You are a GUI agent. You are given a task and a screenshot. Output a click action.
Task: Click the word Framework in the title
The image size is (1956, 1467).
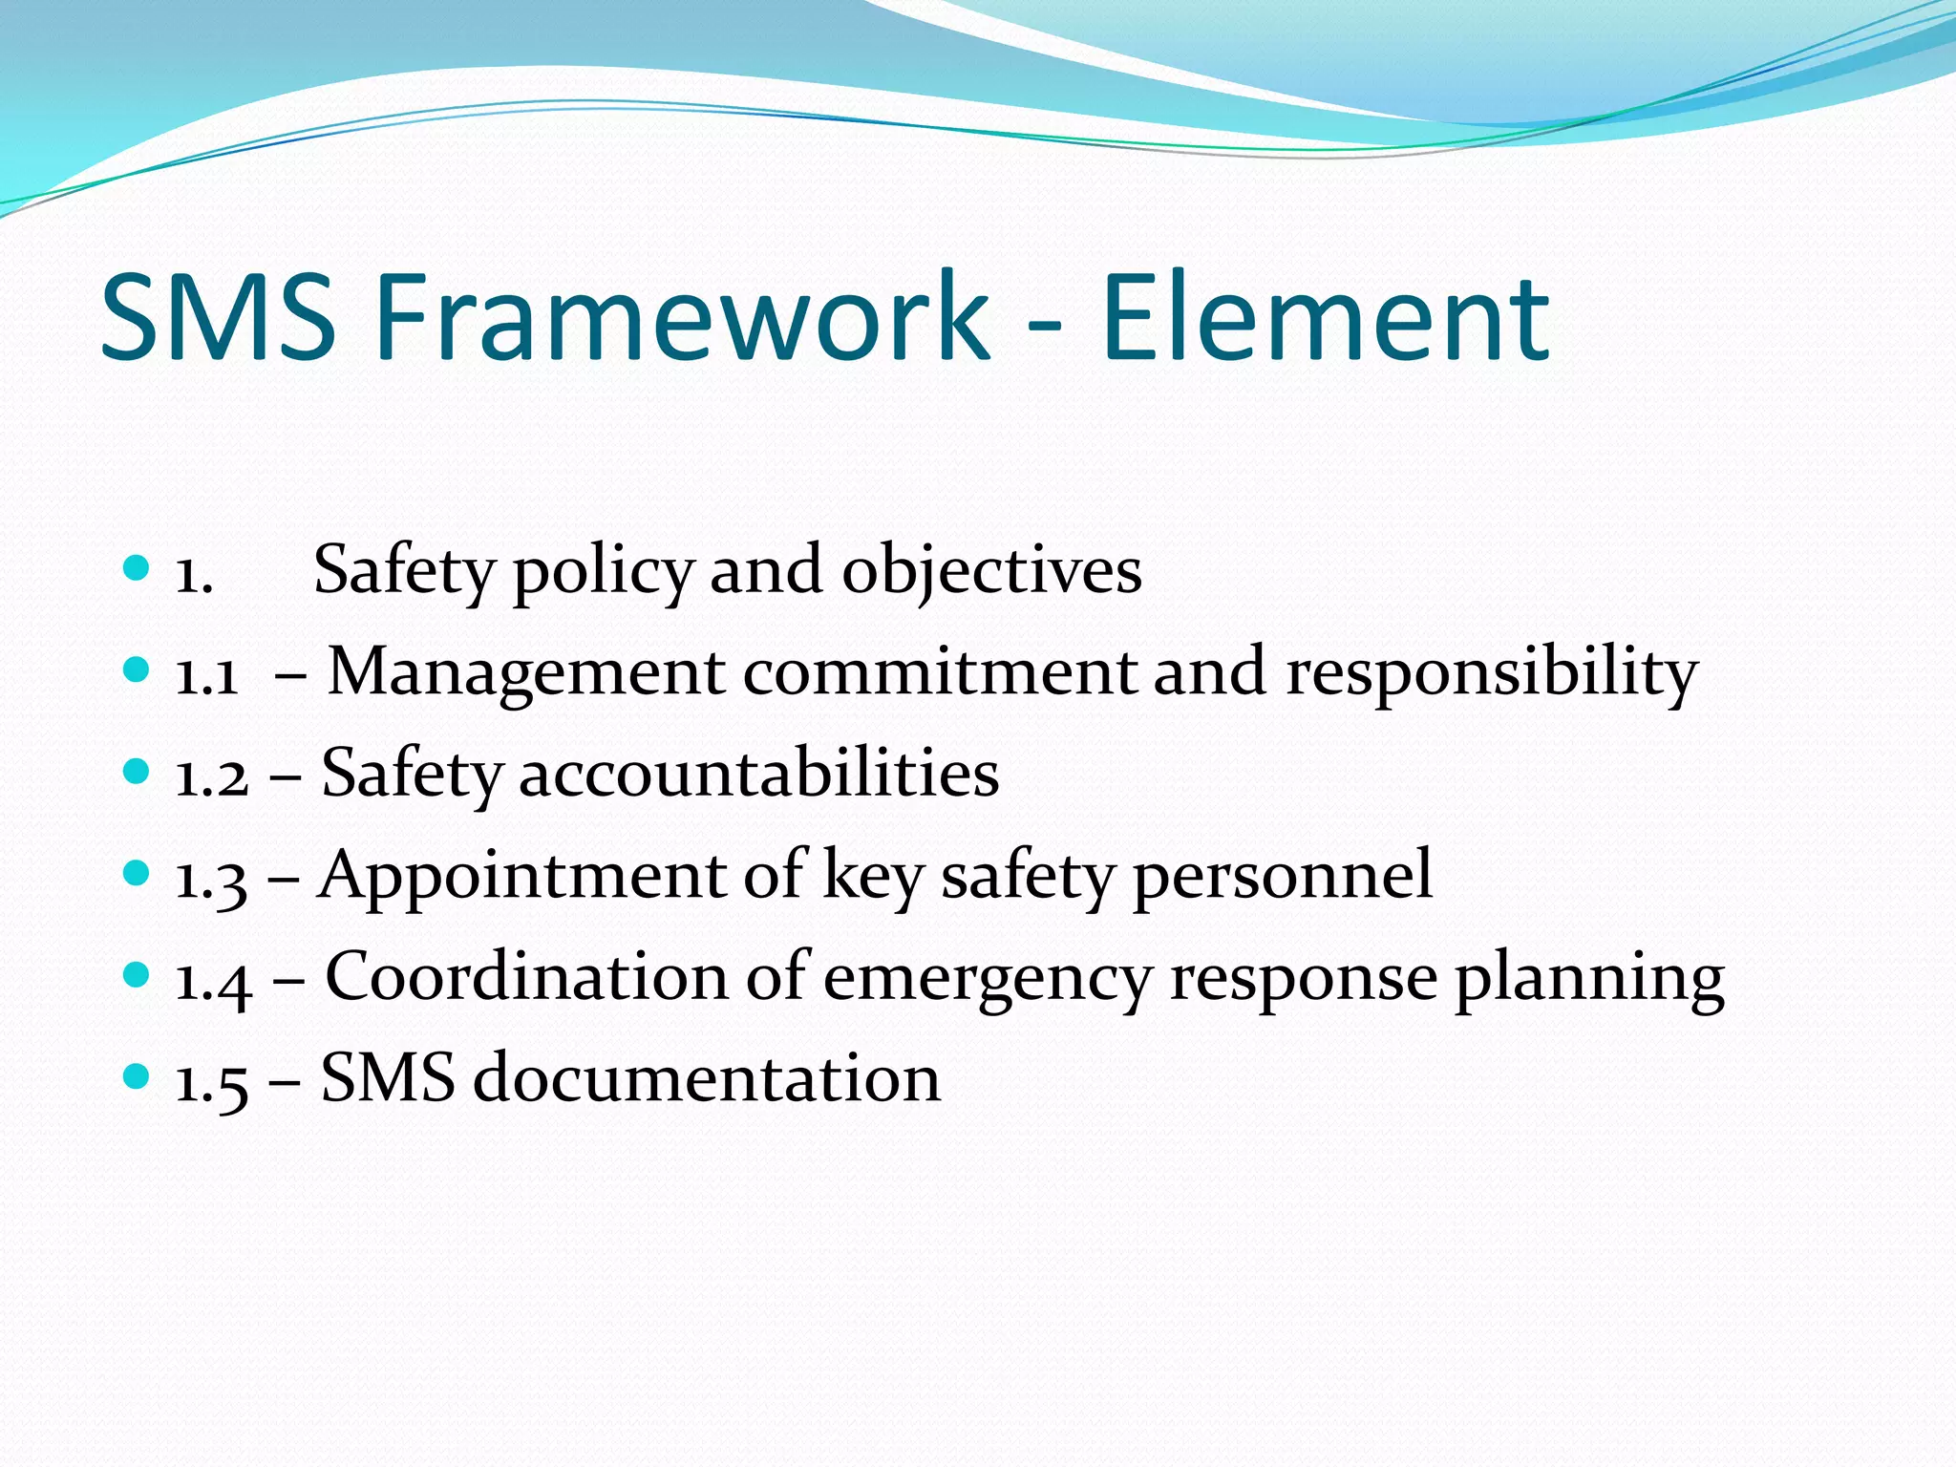(x=682, y=317)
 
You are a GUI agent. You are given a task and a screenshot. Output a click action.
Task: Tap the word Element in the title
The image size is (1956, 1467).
(x=1325, y=317)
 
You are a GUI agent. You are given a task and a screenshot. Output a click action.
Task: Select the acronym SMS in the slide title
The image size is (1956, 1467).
(x=219, y=317)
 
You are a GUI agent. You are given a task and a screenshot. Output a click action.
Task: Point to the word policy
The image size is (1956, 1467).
(x=604, y=571)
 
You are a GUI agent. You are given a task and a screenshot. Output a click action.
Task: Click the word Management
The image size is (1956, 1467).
(x=526, y=672)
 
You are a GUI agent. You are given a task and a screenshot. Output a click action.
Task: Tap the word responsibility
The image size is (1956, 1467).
(x=1492, y=672)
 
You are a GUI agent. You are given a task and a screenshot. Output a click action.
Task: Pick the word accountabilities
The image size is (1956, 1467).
(x=759, y=774)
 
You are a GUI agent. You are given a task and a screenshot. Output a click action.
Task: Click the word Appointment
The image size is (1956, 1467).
(x=523, y=875)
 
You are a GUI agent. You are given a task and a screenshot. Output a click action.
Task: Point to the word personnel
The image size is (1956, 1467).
(x=1283, y=875)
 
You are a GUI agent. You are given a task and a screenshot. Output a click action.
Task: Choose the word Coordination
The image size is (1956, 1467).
(x=527, y=977)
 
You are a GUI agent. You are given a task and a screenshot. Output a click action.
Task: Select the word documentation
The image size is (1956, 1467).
(x=707, y=1079)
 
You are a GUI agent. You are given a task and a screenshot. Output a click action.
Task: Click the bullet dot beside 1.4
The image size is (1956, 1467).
(x=138, y=975)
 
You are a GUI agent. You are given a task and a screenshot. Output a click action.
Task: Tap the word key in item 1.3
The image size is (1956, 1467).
(x=873, y=877)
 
